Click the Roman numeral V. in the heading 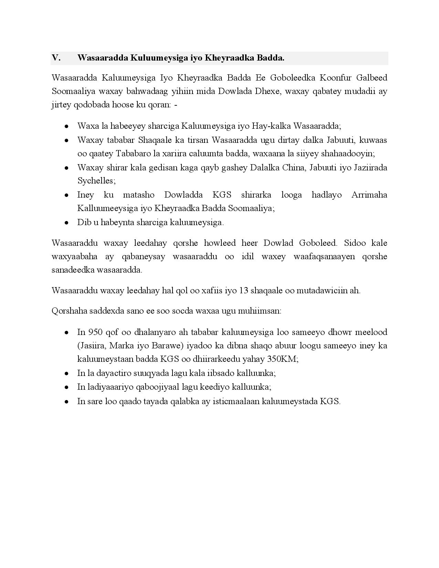coord(56,58)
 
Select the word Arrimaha coord(369,195)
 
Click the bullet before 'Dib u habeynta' coord(66,223)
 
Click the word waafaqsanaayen coord(324,256)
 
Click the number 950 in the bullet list coord(95,332)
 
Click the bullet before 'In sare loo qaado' coord(66,402)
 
